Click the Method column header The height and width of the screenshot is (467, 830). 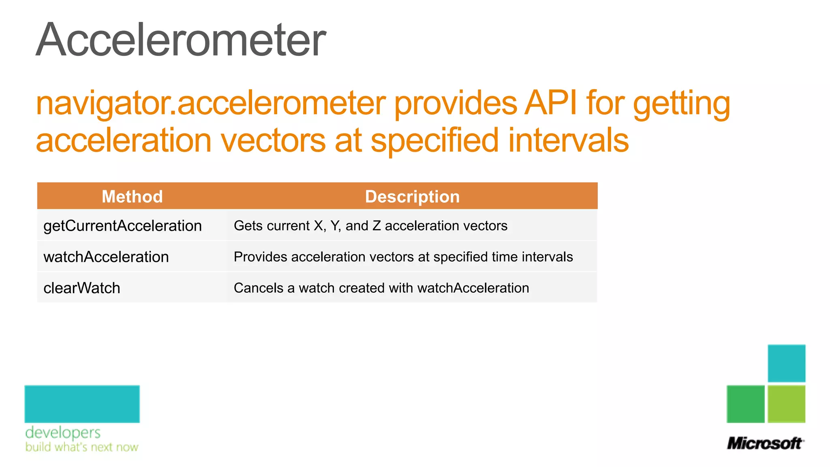pyautogui.click(x=132, y=197)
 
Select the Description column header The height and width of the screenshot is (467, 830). pyautogui.click(x=412, y=197)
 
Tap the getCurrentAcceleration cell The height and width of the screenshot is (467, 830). pyautogui.click(x=122, y=226)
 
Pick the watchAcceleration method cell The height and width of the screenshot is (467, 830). pyautogui.click(x=106, y=257)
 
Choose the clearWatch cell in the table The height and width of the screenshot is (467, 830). pyautogui.click(x=82, y=288)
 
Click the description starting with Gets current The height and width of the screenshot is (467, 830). pyautogui.click(x=370, y=226)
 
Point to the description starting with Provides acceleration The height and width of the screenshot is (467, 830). pyautogui.click(x=403, y=257)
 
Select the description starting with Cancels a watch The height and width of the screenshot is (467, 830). pyautogui.click(x=381, y=288)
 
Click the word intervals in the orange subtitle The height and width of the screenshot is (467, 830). pyautogui.click(x=568, y=140)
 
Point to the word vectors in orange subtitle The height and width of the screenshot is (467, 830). pyautogui.click(x=273, y=140)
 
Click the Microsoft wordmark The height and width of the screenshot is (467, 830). pyautogui.click(x=765, y=443)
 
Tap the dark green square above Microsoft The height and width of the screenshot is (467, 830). pyautogui.click(x=745, y=404)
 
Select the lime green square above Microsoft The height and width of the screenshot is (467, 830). pyautogui.click(x=786, y=404)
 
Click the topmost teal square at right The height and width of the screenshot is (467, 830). pyautogui.click(x=786, y=363)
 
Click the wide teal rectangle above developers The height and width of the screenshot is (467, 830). pyautogui.click(x=82, y=404)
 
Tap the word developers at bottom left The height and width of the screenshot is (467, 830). pyautogui.click(x=63, y=433)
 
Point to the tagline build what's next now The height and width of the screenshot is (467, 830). pyautogui.click(x=82, y=447)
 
